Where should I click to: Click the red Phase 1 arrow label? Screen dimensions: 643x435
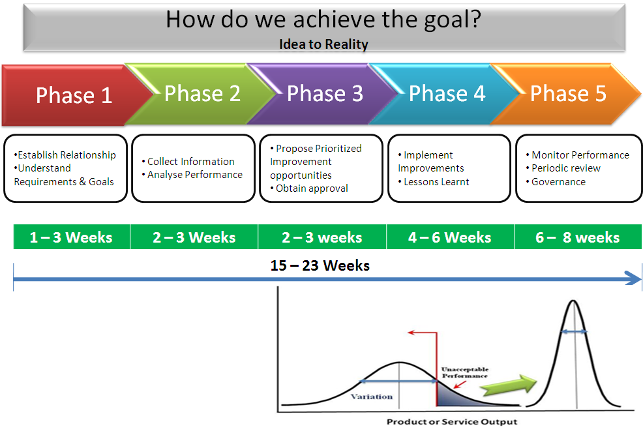(x=74, y=95)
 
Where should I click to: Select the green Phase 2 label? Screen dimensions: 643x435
(x=203, y=93)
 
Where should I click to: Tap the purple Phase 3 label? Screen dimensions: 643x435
(x=325, y=93)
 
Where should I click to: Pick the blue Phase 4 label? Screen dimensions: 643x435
(x=447, y=93)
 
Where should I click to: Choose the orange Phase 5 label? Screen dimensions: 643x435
(x=569, y=93)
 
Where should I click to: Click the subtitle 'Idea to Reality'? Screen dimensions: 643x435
(x=323, y=44)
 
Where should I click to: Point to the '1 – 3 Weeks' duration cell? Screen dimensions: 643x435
(x=72, y=237)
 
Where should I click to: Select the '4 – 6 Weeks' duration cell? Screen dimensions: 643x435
(x=450, y=237)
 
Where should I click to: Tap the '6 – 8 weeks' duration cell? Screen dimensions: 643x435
(x=578, y=237)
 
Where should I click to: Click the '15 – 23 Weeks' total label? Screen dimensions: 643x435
(x=320, y=265)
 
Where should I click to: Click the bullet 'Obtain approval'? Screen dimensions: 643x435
(x=309, y=188)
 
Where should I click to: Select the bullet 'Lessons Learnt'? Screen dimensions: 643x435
(x=434, y=181)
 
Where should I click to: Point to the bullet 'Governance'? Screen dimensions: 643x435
(x=556, y=181)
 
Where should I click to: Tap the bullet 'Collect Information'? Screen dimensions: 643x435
(x=188, y=162)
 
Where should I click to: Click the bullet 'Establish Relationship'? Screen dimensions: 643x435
(x=65, y=155)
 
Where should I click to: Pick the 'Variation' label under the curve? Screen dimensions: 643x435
(x=372, y=397)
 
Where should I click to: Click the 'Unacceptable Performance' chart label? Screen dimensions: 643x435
(x=464, y=372)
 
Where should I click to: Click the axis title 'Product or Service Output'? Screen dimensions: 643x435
(x=452, y=422)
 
